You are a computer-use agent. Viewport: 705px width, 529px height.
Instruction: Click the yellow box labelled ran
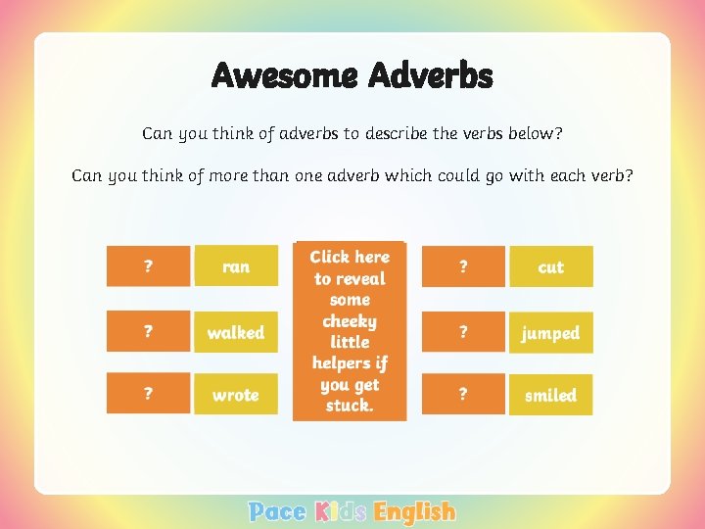coord(236,266)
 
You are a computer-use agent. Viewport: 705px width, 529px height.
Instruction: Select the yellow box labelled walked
coord(236,333)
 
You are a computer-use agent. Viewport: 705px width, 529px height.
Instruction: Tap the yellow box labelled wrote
coord(236,395)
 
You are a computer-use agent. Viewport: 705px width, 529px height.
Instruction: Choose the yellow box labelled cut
coord(551,266)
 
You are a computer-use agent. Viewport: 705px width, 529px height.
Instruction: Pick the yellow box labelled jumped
coord(551,333)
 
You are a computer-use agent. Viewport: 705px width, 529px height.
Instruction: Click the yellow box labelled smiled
coord(551,395)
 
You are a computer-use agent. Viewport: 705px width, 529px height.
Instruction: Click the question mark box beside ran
coord(148,266)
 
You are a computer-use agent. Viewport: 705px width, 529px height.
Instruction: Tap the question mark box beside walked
coord(148,333)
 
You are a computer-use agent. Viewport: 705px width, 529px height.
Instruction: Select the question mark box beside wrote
coord(148,395)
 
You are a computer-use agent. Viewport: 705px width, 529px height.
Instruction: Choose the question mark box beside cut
coord(463,266)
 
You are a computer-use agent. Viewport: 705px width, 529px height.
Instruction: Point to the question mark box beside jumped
coord(463,333)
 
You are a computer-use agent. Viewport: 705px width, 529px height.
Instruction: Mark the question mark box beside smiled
coord(463,395)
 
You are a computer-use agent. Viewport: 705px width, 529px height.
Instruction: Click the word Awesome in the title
coord(285,75)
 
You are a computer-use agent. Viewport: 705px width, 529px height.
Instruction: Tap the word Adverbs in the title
coord(431,75)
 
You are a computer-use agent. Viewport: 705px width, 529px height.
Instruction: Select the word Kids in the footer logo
coord(340,511)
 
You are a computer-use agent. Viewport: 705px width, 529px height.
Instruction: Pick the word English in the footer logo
coord(415,511)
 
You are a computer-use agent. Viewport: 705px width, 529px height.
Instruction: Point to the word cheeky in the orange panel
coord(350,321)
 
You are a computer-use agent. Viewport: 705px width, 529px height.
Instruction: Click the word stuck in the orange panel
coord(348,406)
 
